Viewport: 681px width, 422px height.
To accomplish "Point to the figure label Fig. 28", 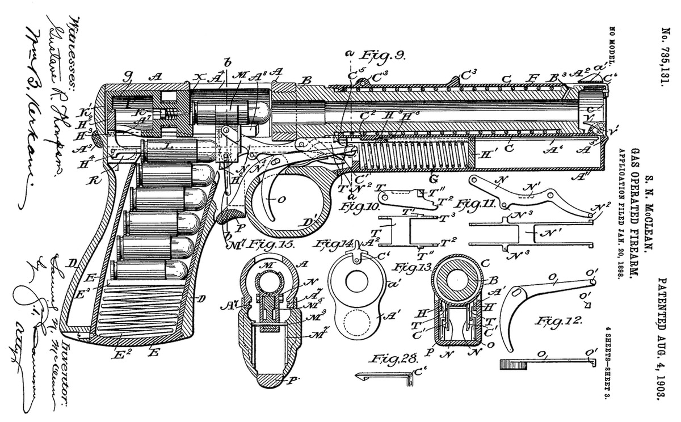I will tap(393, 358).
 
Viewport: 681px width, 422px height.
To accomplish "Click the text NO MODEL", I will tap(612, 49).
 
